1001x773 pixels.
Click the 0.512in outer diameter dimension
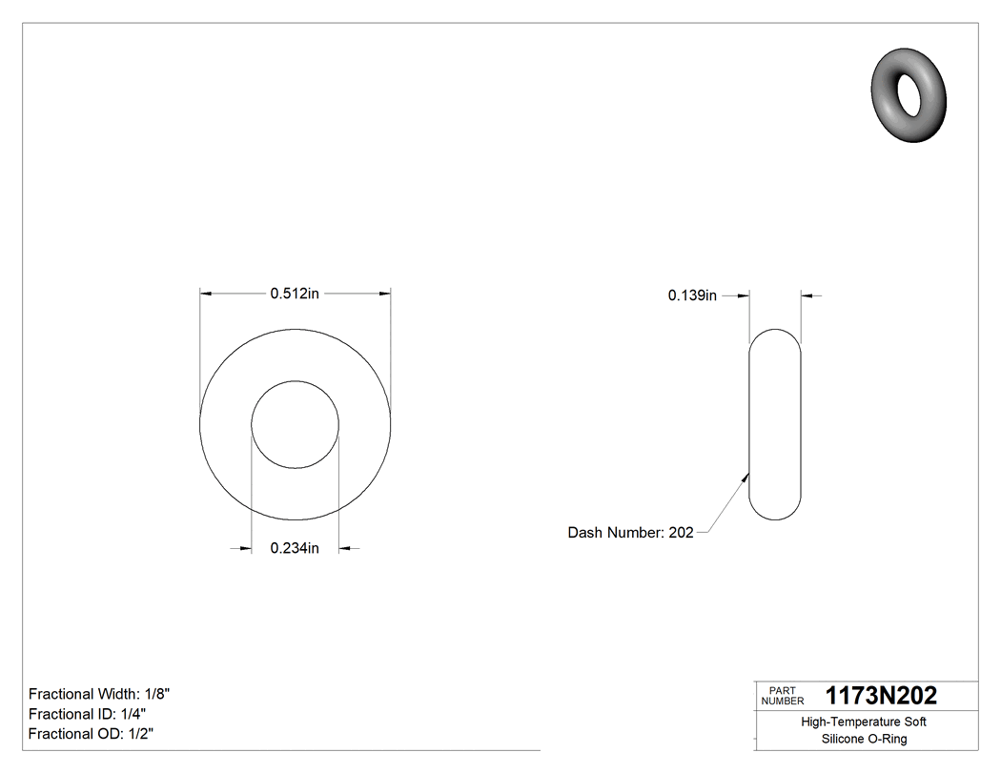pos(294,295)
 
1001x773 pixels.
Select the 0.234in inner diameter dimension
pos(294,548)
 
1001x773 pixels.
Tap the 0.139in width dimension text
pos(691,296)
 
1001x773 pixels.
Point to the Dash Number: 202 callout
pos(630,533)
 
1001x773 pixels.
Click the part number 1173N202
pos(881,696)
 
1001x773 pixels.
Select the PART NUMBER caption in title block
pos(782,696)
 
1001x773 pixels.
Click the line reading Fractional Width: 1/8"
pos(100,694)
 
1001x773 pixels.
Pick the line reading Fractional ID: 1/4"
pos(88,714)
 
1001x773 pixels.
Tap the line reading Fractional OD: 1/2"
pos(91,734)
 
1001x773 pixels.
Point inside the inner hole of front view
pos(295,425)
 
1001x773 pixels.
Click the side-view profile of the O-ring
pos(775,424)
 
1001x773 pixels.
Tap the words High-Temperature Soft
pos(864,722)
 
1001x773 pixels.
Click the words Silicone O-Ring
pos(864,740)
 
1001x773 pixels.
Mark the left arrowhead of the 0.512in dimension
pos(205,295)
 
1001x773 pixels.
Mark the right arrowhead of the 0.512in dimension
pos(384,295)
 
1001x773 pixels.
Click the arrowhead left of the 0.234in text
pos(245,548)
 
